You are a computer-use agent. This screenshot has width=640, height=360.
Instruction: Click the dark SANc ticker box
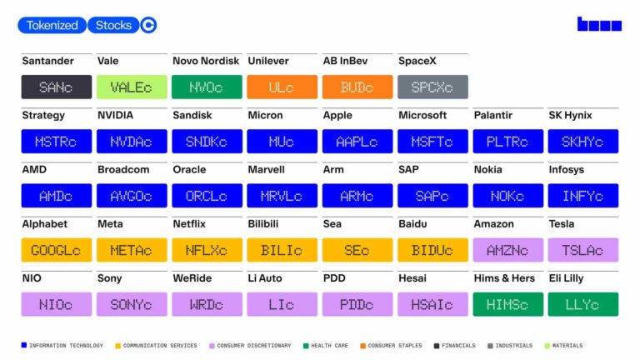tap(57, 87)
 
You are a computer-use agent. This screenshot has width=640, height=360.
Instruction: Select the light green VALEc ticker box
tap(132, 87)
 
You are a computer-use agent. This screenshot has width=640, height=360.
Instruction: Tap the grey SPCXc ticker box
tap(432, 87)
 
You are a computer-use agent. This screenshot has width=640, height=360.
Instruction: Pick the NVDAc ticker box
tap(132, 141)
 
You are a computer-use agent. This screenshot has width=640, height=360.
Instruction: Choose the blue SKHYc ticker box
tap(582, 141)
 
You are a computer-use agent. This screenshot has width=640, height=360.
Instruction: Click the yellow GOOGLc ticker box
tap(57, 250)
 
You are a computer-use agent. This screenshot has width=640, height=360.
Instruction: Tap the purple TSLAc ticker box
tap(582, 250)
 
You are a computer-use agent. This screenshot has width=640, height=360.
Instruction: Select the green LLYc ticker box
tap(582, 304)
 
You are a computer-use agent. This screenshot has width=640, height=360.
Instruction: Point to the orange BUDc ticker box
tap(357, 87)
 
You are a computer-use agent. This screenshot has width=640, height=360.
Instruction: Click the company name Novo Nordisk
tap(206, 61)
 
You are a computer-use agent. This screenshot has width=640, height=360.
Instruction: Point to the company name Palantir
tap(492, 116)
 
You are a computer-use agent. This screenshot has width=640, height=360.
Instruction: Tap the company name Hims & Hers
tap(504, 278)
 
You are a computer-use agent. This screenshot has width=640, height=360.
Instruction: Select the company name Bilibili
tap(263, 224)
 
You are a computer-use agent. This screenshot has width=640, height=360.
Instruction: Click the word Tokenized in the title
tap(52, 25)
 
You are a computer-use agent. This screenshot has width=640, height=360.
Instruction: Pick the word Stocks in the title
tap(113, 25)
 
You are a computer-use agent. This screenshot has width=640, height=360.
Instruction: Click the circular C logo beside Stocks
tap(148, 25)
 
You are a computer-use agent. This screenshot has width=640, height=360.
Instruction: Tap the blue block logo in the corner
tap(599, 23)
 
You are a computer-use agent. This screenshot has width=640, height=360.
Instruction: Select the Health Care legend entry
tap(326, 346)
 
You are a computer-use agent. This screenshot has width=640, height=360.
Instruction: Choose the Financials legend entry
tap(455, 346)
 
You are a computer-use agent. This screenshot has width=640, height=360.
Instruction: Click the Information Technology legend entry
tap(62, 346)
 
